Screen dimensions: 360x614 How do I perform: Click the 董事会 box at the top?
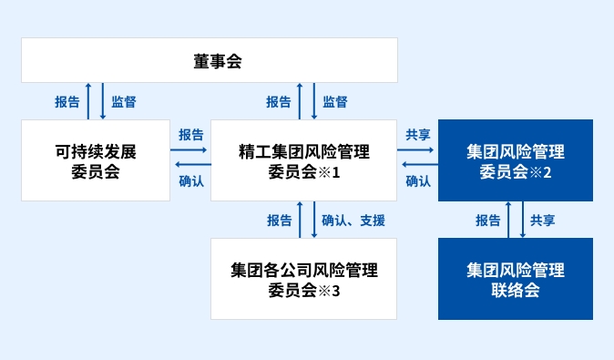(210, 60)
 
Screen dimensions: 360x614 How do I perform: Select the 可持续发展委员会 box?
(96, 160)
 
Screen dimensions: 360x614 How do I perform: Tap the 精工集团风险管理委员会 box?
(303, 160)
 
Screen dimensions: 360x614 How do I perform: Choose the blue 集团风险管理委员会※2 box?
(516, 160)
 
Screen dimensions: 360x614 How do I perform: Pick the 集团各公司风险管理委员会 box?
(303, 279)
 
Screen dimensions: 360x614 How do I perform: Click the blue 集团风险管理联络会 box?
(516, 279)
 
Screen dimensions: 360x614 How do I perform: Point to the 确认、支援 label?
(353, 220)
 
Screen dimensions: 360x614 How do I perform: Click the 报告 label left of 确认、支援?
(280, 220)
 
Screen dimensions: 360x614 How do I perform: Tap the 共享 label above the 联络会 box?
(543, 220)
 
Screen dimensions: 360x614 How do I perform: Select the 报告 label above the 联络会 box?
(488, 220)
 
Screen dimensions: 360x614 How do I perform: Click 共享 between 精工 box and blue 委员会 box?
(418, 134)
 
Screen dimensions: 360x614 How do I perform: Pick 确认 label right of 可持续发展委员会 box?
(191, 180)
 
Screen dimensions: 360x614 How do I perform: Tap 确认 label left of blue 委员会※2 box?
(418, 180)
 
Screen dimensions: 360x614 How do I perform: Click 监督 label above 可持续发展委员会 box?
(124, 101)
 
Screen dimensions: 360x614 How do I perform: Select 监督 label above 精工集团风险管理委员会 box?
(335, 101)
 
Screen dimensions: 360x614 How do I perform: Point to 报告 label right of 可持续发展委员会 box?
(191, 134)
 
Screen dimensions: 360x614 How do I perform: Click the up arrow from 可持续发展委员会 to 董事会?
(88, 101)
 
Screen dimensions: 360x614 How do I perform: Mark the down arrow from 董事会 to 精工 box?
(314, 101)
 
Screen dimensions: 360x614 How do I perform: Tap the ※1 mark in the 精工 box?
(330, 172)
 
